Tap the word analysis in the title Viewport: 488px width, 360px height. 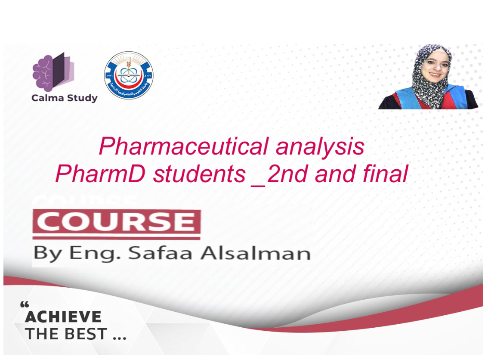point(320,147)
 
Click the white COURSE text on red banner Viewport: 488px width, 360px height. point(116,222)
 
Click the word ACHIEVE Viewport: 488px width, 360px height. point(63,317)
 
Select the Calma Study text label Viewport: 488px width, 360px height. point(64,98)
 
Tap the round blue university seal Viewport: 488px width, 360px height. point(128,75)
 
